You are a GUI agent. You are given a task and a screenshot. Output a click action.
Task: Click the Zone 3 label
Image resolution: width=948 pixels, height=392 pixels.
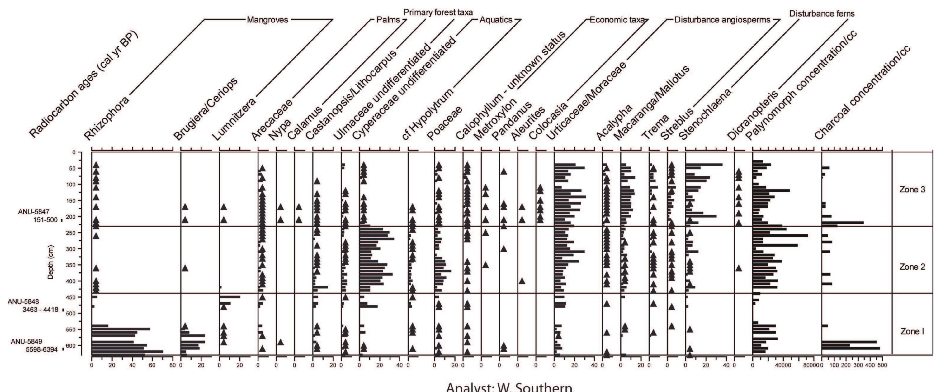pos(912,190)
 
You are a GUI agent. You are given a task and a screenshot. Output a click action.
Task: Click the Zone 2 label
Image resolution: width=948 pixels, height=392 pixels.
pos(912,267)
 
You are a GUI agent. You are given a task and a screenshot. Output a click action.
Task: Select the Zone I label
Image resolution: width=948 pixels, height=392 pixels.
pos(912,332)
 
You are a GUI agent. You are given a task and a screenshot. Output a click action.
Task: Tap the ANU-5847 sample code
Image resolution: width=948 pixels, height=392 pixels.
pos(34,212)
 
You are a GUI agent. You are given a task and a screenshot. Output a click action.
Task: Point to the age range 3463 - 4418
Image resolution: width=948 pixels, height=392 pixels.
pos(41,309)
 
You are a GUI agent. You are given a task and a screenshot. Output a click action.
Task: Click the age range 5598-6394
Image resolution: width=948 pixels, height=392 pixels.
pos(42,350)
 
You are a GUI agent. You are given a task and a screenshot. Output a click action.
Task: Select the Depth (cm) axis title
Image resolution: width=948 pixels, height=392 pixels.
pos(51,262)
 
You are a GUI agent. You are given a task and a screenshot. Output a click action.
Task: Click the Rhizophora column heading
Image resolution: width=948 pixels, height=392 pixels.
pos(107,118)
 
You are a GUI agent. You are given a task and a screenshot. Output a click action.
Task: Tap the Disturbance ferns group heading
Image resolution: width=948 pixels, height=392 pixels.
pos(822,14)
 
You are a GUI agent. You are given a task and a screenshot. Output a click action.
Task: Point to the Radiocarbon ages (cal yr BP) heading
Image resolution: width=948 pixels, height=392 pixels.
pos(83,84)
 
